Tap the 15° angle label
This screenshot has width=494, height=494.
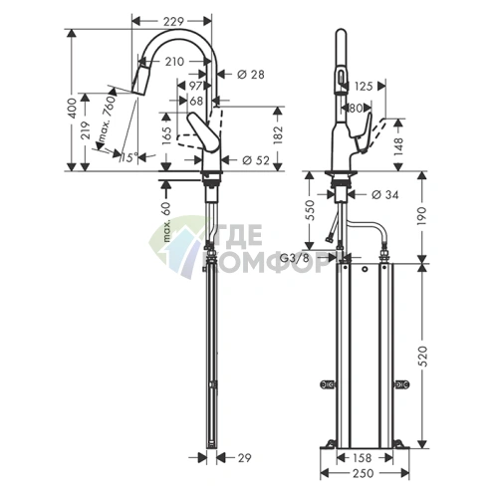pos(123,157)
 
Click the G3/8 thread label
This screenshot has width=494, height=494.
pos(293,258)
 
